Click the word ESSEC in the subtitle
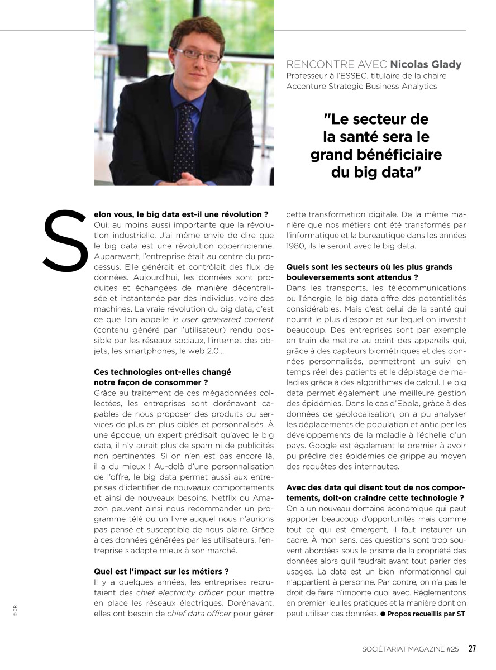(350, 76)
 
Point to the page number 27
(472, 649)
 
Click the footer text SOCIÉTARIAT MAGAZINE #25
(410, 649)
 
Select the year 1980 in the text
(297, 246)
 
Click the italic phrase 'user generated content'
(227, 319)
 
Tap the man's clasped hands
(185, 179)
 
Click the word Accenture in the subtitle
(307, 86)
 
